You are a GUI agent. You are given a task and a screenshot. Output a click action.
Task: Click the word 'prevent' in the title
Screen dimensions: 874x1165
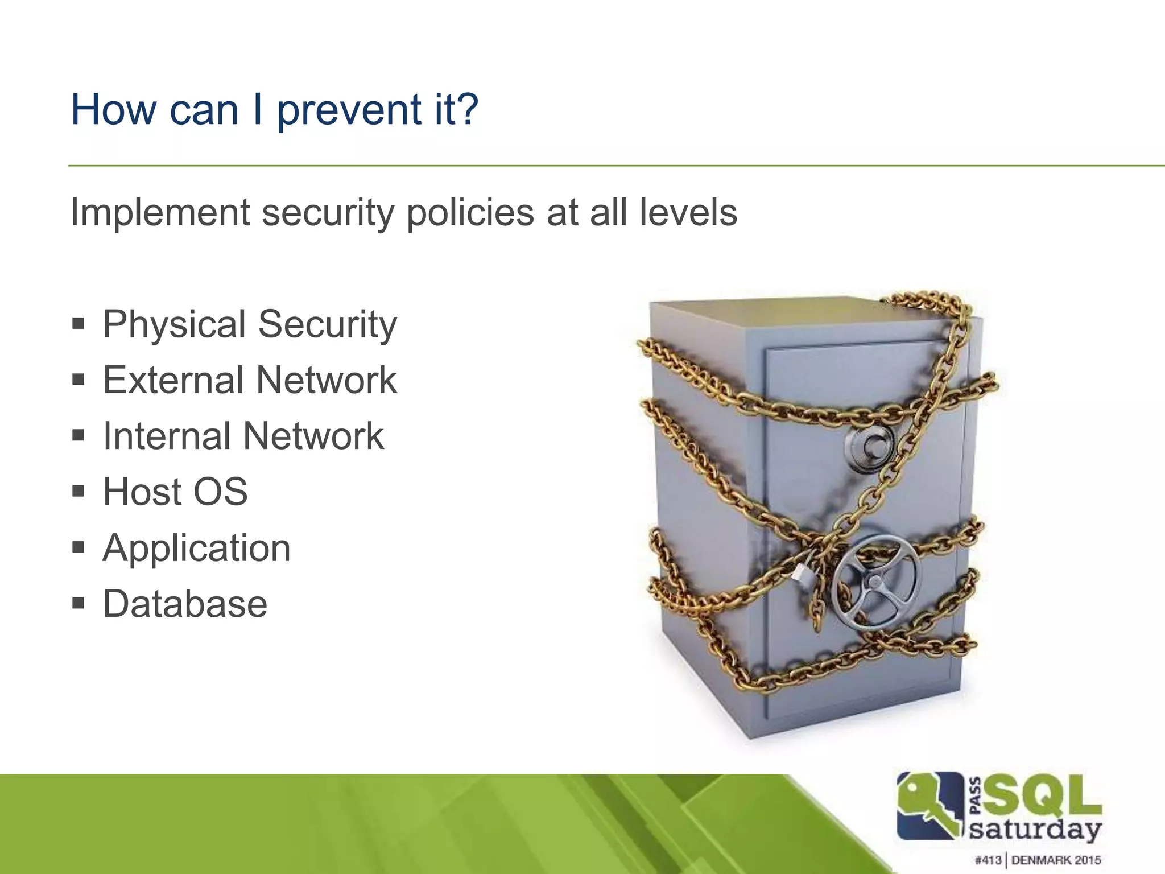pos(349,110)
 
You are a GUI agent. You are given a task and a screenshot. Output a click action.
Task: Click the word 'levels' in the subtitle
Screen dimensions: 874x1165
pos(688,212)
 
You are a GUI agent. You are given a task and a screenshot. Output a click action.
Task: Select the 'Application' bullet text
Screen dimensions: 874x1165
pos(196,549)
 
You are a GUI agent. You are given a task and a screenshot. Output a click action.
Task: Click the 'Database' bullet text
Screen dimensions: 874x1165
pos(185,604)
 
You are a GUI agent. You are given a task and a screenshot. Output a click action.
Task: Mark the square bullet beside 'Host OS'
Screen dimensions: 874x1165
pos(79,491)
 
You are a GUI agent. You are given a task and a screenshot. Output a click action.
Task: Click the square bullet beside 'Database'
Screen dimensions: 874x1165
pos(79,603)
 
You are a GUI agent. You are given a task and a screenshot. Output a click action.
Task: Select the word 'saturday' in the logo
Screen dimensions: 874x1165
pos(1035,829)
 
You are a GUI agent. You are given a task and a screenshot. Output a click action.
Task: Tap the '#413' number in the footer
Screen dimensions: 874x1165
pos(988,860)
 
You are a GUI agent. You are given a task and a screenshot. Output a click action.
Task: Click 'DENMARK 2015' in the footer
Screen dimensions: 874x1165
pos(1056,860)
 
